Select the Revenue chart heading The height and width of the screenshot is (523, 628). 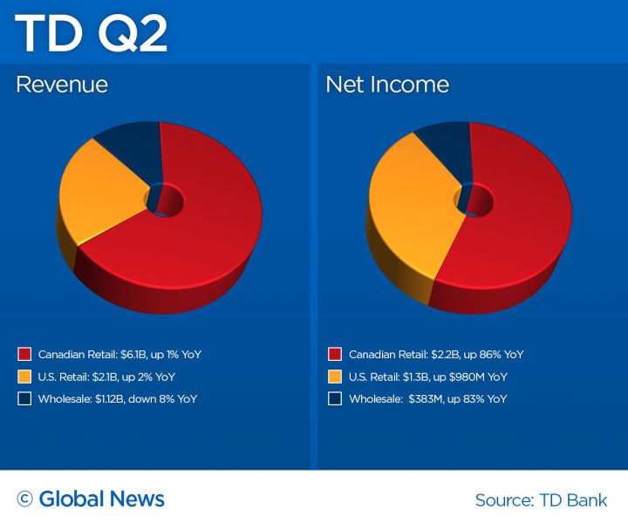tap(62, 85)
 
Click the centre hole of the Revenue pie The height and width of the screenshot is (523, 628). tap(165, 200)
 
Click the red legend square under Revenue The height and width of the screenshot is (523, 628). tap(24, 355)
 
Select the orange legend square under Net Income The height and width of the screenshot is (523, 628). tap(335, 377)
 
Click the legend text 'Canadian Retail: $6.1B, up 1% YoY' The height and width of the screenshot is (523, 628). tap(120, 355)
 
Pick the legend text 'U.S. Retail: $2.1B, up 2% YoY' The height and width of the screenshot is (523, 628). tap(107, 377)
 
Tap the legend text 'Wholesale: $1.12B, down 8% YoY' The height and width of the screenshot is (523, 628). tap(118, 398)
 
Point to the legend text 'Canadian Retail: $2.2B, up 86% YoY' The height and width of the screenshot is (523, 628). tap(436, 355)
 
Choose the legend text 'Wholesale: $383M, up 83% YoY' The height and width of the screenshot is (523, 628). tap(427, 398)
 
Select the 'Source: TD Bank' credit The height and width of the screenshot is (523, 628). tap(541, 500)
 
